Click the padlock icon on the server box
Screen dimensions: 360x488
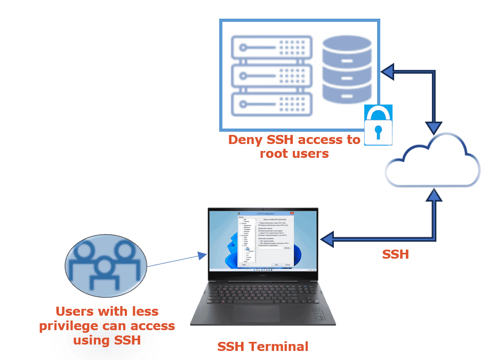[378, 125]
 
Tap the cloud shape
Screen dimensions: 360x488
[432, 160]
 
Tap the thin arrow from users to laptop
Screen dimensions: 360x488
[176, 260]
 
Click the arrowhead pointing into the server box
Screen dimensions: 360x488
[388, 71]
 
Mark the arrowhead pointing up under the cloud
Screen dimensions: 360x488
[435, 194]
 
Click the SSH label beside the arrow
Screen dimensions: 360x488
[396, 255]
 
